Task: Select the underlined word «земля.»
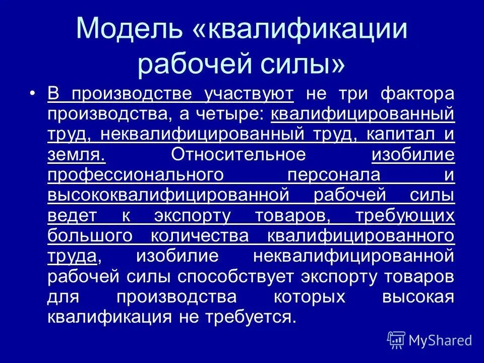pyautogui.click(x=76, y=155)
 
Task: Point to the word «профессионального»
pyautogui.click(x=136, y=175)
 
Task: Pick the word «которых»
pyautogui.click(x=309, y=296)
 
